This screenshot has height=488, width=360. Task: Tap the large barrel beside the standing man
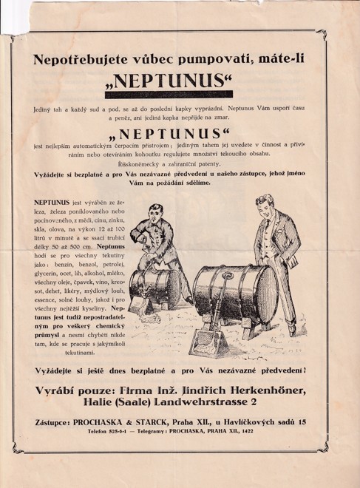235,294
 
